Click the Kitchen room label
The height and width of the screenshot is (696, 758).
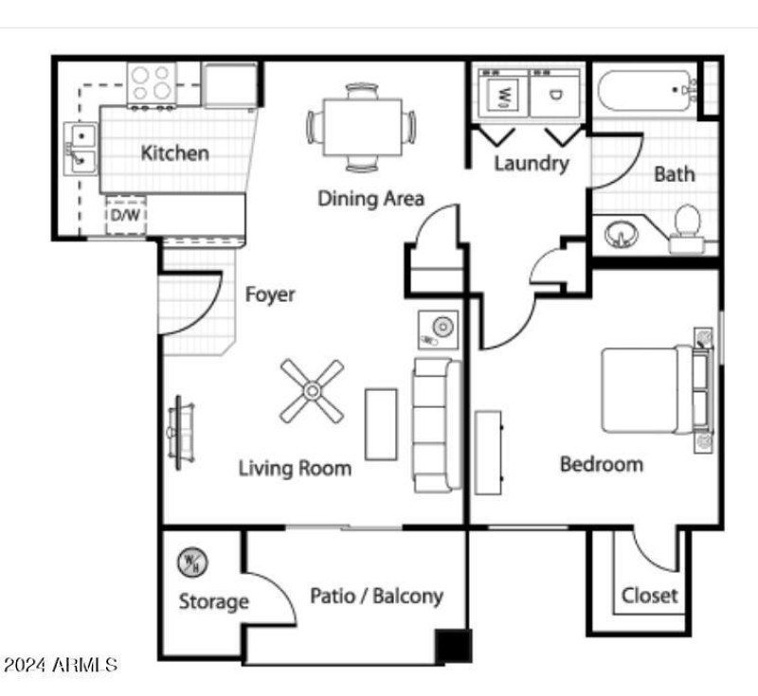[175, 153]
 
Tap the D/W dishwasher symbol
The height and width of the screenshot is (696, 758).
[126, 215]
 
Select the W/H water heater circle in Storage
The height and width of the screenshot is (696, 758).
[192, 562]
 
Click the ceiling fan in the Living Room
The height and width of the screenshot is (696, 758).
[312, 391]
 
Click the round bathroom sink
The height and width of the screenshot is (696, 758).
[622, 234]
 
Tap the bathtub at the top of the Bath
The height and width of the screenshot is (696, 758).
[647, 90]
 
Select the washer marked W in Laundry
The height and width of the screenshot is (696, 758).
[504, 93]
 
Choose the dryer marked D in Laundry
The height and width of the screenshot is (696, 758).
[555, 93]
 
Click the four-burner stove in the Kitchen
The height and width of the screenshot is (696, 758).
[152, 85]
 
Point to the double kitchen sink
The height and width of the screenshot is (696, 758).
[81, 149]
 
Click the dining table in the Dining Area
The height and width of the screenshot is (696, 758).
[362, 127]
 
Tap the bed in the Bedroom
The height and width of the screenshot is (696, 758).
[657, 390]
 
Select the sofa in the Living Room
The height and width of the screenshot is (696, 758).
[438, 425]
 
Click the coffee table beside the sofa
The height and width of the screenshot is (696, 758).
[381, 424]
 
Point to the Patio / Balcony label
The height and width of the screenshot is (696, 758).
[376, 596]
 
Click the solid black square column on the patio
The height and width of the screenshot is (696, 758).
[453, 646]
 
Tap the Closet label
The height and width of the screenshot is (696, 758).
[649, 596]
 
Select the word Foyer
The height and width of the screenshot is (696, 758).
[270, 294]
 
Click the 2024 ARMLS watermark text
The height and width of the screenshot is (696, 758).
[60, 665]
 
